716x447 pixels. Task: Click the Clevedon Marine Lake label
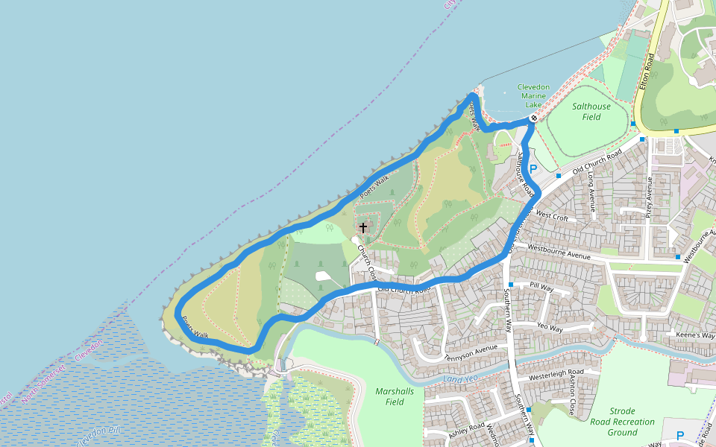pyautogui.click(x=533, y=96)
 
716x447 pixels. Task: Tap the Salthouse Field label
pyautogui.click(x=591, y=112)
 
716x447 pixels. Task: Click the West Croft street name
pyautogui.click(x=552, y=217)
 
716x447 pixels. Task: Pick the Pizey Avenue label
pyautogui.click(x=650, y=202)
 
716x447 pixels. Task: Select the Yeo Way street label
pyautogui.click(x=550, y=327)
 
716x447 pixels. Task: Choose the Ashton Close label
pyautogui.click(x=571, y=396)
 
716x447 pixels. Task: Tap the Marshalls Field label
pyautogui.click(x=395, y=396)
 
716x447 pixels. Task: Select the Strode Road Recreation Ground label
pyautogui.click(x=622, y=422)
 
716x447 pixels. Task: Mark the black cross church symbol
pyautogui.click(x=363, y=227)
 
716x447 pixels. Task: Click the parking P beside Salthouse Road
pyautogui.click(x=533, y=169)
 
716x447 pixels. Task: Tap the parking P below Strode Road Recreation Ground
pyautogui.click(x=679, y=435)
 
